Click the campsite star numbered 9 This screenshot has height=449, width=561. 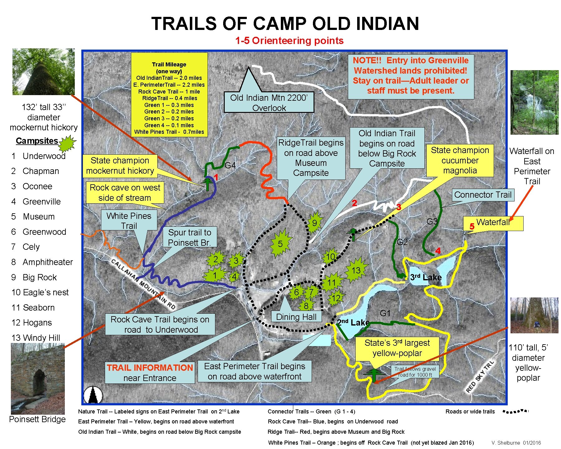tap(314, 223)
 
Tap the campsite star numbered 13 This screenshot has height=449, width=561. tap(356, 270)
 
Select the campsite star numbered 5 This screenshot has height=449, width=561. tap(280, 244)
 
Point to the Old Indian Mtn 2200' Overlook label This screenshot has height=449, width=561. tap(269, 103)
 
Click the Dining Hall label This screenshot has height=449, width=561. tap(296, 317)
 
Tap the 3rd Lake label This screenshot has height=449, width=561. tap(425, 277)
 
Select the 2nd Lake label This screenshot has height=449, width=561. tap(353, 322)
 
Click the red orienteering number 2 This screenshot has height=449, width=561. tap(354, 203)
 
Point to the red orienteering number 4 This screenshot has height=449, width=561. tap(438, 251)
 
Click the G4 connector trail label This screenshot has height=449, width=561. tap(230, 166)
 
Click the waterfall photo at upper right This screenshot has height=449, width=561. tap(534, 102)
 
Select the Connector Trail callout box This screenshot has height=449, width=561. tap(482, 195)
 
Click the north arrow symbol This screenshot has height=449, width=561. tap(93, 395)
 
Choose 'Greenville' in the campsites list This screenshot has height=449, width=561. tap(41, 201)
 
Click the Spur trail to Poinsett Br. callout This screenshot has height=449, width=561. tap(189, 237)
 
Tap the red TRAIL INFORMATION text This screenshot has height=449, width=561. tap(150, 368)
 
